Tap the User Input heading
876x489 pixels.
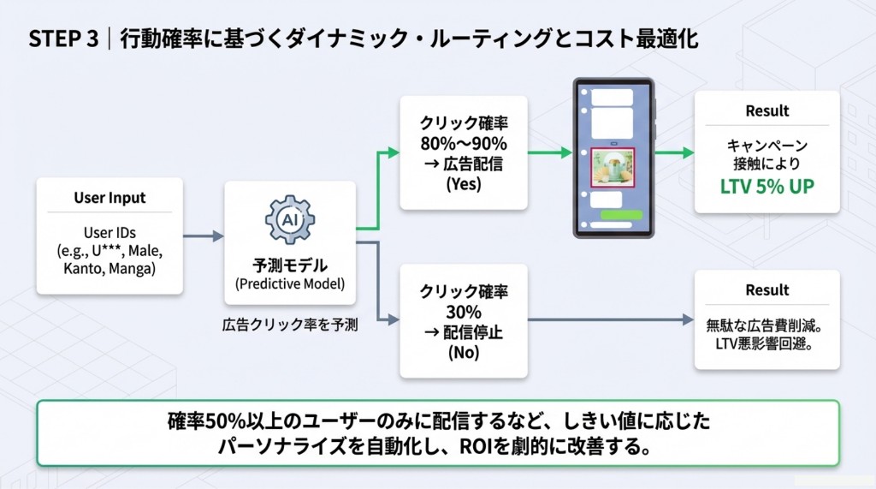tap(109, 198)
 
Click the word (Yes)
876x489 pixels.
tap(464, 183)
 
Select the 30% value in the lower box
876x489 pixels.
tap(464, 312)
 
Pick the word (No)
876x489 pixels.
tap(464, 352)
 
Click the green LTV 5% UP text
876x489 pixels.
tap(767, 184)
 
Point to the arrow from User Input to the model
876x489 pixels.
tap(204, 236)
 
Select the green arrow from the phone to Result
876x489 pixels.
tap(676, 153)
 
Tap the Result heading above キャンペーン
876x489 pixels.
tap(767, 110)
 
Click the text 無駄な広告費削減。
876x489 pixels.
tap(767, 326)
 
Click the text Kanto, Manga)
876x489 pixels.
tap(109, 270)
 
